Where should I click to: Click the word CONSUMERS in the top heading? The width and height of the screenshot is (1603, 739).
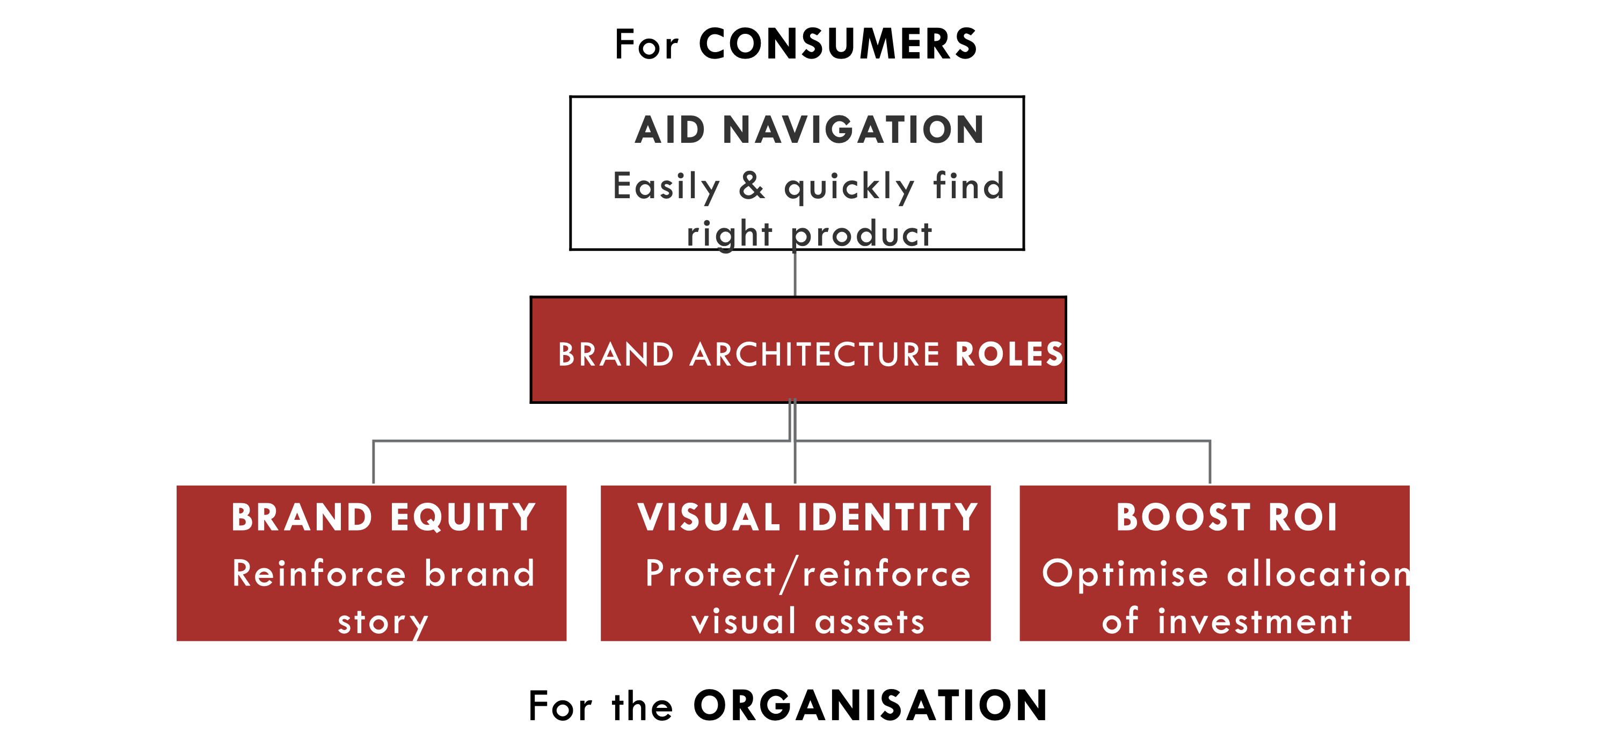point(837,44)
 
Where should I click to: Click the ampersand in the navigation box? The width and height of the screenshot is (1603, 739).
point(752,185)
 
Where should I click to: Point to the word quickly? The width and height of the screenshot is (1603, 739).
point(849,187)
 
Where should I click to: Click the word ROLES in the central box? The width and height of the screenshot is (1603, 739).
point(1009,354)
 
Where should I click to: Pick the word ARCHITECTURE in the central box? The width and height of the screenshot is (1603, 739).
point(814,354)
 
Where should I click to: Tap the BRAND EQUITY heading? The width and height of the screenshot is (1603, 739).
point(383,517)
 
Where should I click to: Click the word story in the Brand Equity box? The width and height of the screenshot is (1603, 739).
point(383,623)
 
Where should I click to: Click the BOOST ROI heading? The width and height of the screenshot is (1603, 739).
point(1227,517)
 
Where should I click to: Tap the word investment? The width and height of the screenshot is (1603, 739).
point(1255,621)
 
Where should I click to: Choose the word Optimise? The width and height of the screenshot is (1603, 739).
point(1125,574)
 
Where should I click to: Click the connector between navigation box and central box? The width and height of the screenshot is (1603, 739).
point(795,273)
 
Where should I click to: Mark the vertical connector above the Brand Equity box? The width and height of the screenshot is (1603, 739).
point(373,462)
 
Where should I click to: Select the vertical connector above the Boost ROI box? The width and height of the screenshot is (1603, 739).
point(1209,462)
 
